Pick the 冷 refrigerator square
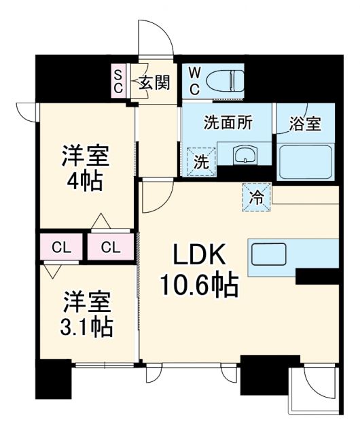tap(257, 196)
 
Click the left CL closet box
tap(60, 247)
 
